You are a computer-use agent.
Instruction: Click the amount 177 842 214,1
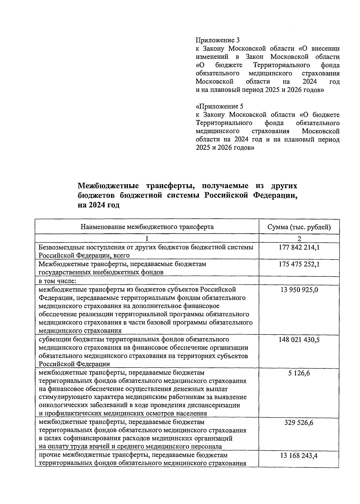pyautogui.click(x=299, y=247)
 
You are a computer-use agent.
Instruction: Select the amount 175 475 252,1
pyautogui.click(x=299, y=264)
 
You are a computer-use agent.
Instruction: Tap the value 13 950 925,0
pyautogui.click(x=299, y=289)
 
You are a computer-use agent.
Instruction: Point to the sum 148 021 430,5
pyautogui.click(x=299, y=339)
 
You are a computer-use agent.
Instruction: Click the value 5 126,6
pyautogui.click(x=299, y=373)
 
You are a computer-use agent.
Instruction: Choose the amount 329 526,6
pyautogui.click(x=299, y=422)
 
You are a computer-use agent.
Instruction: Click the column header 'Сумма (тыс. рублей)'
pyautogui.click(x=299, y=227)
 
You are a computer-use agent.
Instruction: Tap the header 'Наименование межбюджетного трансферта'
pyautogui.click(x=147, y=227)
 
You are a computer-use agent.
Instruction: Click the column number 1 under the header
pyautogui.click(x=147, y=238)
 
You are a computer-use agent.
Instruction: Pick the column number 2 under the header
pyautogui.click(x=299, y=238)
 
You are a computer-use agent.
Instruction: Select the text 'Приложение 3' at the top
pyautogui.click(x=217, y=40)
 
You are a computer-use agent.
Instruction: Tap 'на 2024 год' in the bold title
pyautogui.click(x=98, y=205)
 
